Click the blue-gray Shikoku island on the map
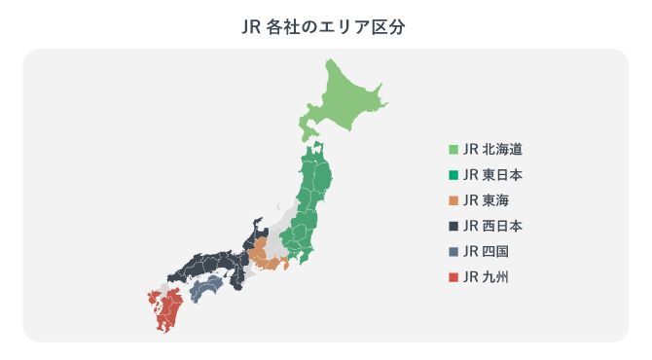click(x=205, y=287)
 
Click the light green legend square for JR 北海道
click(x=453, y=150)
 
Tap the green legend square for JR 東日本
click(x=453, y=175)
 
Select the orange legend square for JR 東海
click(x=453, y=201)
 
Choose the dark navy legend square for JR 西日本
click(x=453, y=227)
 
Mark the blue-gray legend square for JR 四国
click(x=453, y=252)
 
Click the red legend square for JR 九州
click(x=453, y=277)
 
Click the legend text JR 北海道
click(x=493, y=150)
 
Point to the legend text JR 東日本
click(x=493, y=175)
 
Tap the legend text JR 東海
click(x=487, y=201)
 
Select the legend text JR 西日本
click(x=493, y=227)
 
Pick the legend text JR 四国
click(x=487, y=252)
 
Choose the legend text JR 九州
click(x=487, y=277)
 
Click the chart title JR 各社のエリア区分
click(x=326, y=26)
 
